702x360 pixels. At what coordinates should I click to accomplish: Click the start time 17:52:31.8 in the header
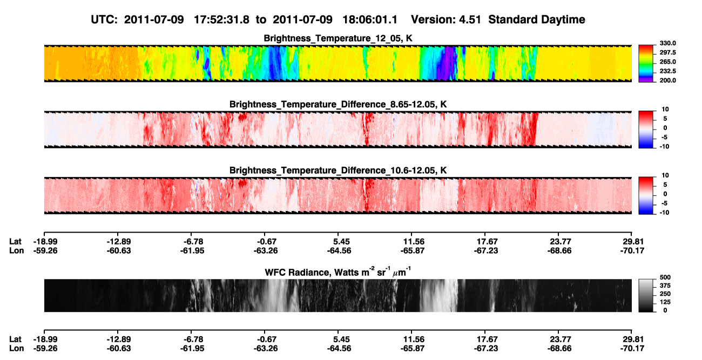[x=221, y=20]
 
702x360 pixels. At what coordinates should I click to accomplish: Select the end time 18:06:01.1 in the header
[x=370, y=20]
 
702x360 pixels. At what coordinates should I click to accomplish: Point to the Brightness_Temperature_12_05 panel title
[x=338, y=38]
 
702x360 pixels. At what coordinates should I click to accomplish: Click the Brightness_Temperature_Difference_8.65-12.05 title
[x=338, y=104]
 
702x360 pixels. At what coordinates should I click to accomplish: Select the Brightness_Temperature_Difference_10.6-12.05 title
[x=338, y=171]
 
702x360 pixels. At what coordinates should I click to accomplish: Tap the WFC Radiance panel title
[x=338, y=272]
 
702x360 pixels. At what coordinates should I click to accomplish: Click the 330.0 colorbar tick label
[x=667, y=43]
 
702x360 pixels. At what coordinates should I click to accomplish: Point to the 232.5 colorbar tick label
[x=667, y=71]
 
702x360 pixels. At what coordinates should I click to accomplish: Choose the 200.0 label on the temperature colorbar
[x=667, y=80]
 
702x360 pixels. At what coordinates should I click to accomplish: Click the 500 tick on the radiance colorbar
[x=665, y=277]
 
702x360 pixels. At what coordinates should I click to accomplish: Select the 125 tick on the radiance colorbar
[x=665, y=302]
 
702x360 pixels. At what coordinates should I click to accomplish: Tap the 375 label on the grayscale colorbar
[x=665, y=286]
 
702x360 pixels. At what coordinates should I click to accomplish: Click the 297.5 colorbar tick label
[x=667, y=52]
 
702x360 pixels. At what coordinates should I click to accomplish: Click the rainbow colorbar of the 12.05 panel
[x=646, y=64]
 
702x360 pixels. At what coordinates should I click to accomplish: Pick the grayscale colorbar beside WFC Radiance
[x=646, y=295]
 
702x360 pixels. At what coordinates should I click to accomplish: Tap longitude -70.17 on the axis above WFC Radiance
[x=632, y=250]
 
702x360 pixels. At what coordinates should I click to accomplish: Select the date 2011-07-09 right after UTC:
[x=154, y=20]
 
